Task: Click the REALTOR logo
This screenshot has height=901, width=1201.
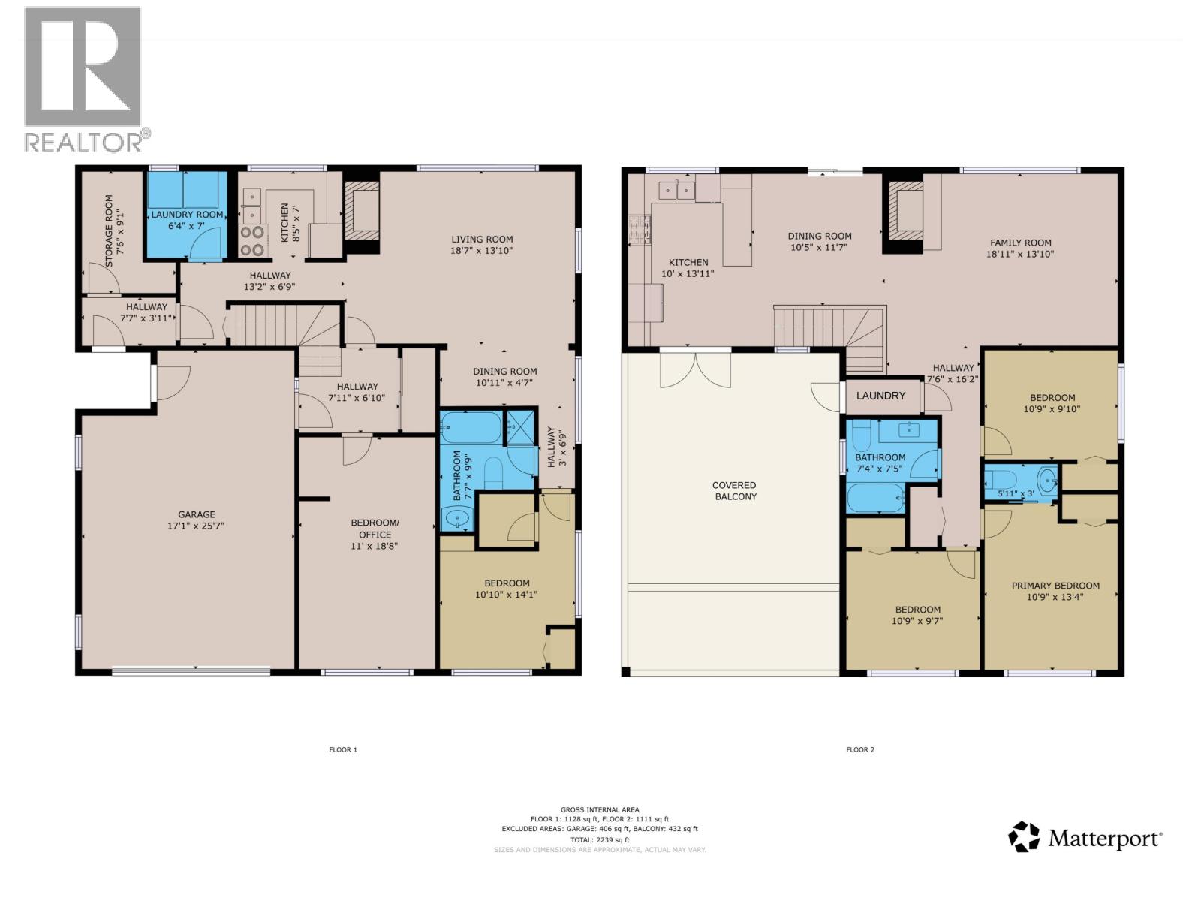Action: coord(87,80)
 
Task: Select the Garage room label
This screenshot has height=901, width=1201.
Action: coord(196,520)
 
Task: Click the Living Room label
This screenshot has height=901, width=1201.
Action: coord(481,245)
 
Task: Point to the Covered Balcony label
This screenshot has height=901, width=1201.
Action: coord(734,491)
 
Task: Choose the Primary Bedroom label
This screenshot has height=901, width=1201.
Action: coord(1055,591)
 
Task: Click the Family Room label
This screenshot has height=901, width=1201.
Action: coord(1020,248)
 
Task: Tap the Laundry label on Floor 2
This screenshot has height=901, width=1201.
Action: coord(880,396)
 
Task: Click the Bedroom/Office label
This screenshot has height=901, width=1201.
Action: coord(375,534)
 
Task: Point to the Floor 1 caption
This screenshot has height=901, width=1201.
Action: coord(342,749)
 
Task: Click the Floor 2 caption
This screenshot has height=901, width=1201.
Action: coord(860,749)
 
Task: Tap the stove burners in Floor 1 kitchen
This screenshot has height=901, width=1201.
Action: coord(252,241)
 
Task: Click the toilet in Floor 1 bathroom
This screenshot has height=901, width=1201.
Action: coord(493,473)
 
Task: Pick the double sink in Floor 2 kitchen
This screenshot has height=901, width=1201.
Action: coord(676,191)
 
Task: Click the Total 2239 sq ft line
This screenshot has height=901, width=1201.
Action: coord(600,839)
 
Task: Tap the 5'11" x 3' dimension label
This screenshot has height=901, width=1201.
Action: coord(1016,493)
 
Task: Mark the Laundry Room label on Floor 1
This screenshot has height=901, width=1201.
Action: coord(187,219)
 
